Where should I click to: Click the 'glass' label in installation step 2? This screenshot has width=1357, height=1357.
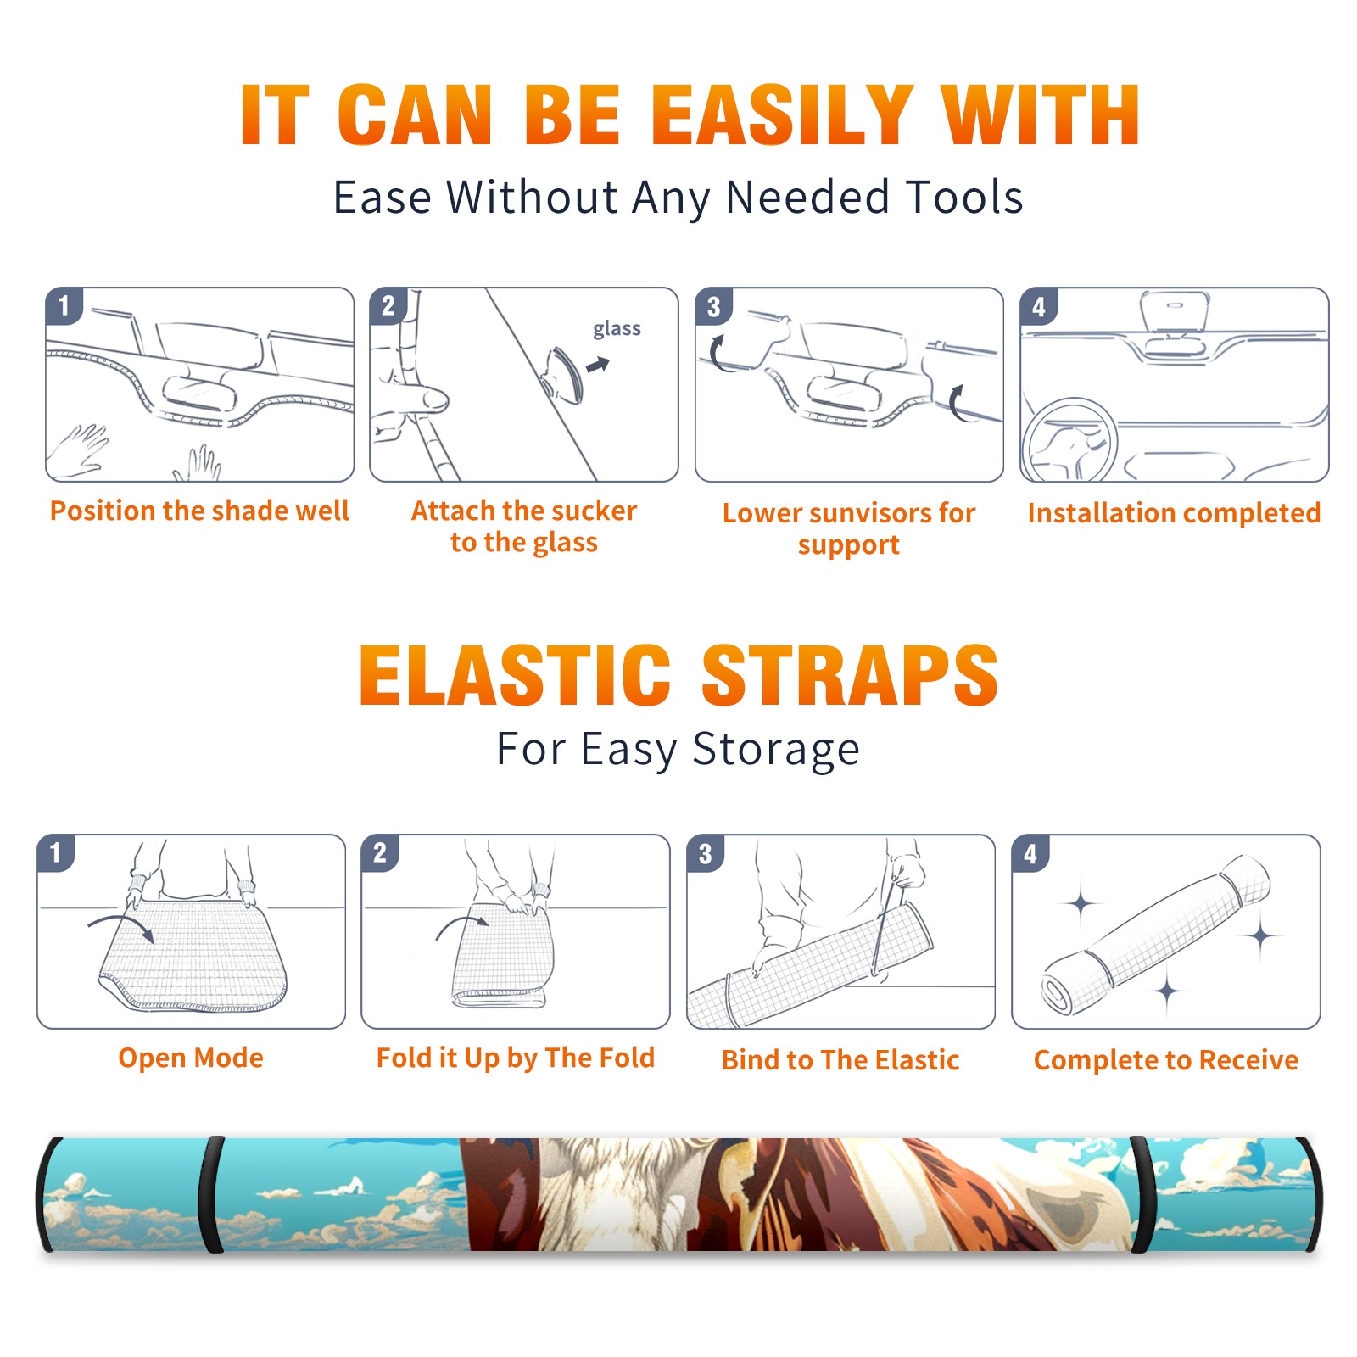617,329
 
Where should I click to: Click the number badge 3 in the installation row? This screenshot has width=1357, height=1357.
714,306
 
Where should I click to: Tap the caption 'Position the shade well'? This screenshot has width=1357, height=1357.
199,511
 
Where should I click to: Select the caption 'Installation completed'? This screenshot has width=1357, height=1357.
1174,513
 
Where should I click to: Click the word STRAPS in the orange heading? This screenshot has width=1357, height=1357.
850,675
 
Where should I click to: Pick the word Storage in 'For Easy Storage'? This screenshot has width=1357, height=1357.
776,750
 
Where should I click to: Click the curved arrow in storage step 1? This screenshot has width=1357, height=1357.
121,925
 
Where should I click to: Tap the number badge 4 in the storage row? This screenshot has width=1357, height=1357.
1030,853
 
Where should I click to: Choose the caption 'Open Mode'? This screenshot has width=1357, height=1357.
191,1058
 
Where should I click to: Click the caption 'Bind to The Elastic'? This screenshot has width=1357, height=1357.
840,1060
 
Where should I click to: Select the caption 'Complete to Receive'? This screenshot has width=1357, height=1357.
1166,1060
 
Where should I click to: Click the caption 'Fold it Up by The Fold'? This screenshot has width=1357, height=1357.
516,1058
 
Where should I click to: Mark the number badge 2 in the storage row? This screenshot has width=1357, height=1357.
380,853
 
